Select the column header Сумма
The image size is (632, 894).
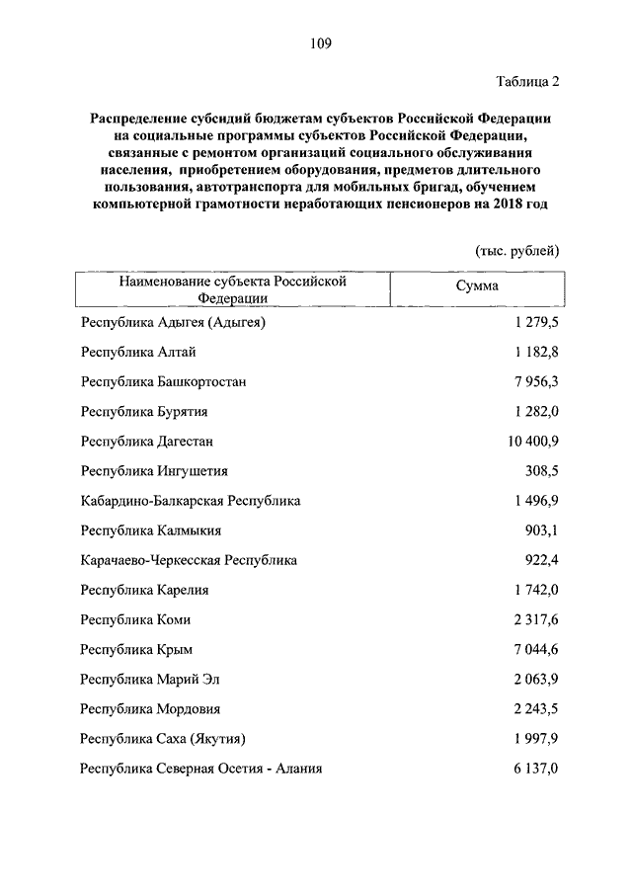(x=477, y=285)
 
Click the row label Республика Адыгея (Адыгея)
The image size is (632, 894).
(x=175, y=323)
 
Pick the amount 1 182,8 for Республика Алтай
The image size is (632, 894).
(x=536, y=353)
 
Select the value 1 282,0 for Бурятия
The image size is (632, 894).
(x=536, y=412)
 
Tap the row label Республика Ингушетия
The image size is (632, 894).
(x=155, y=471)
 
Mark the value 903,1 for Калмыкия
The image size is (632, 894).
(x=542, y=530)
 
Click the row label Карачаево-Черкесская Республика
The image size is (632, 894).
(x=190, y=560)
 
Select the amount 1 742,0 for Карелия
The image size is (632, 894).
(x=536, y=590)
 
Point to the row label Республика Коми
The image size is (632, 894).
(x=136, y=619)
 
